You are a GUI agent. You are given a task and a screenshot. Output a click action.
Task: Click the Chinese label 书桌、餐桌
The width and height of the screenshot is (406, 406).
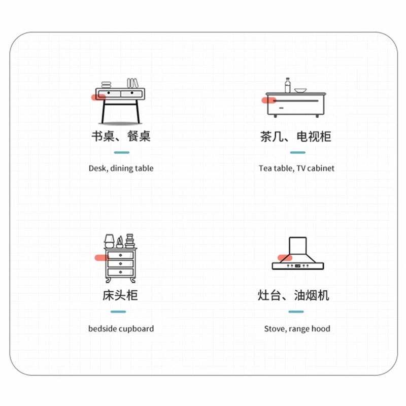click(x=121, y=137)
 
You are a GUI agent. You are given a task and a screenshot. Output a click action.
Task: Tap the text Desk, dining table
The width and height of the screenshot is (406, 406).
click(x=121, y=168)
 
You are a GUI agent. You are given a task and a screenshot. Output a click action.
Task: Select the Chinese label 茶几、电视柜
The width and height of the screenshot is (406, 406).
click(x=296, y=137)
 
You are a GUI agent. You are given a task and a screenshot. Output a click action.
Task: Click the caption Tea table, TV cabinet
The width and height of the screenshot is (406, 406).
click(x=296, y=168)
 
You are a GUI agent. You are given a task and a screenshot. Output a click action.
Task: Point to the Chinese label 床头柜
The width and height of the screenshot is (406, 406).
click(x=120, y=295)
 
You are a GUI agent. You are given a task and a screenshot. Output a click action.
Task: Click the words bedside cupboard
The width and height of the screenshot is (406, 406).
click(x=121, y=329)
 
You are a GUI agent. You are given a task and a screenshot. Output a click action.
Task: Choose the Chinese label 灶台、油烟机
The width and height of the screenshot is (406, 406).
click(x=293, y=295)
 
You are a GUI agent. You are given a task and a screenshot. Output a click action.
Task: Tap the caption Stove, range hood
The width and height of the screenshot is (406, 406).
click(x=297, y=329)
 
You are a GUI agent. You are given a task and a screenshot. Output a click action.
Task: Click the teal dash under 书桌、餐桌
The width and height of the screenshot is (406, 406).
click(x=121, y=152)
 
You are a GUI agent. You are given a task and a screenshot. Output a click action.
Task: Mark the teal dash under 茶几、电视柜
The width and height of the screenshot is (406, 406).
click(x=297, y=152)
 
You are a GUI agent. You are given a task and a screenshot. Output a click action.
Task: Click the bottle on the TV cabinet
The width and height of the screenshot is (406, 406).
click(x=288, y=85)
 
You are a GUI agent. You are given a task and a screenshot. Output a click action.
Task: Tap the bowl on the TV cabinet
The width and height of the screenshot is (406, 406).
click(x=300, y=90)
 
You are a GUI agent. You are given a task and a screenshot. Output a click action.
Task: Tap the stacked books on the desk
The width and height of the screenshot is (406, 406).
click(x=106, y=84)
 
